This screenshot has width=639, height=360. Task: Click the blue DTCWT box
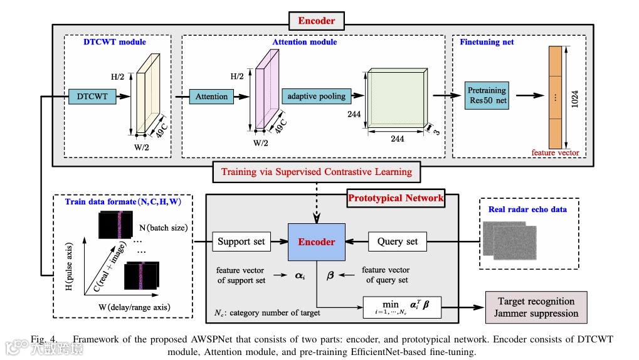92,97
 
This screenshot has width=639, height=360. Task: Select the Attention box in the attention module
211,97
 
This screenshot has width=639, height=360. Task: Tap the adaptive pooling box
316,96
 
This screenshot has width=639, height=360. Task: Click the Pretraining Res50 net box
487,95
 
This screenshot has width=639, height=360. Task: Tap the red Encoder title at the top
316,21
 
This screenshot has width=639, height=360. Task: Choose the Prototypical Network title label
396,198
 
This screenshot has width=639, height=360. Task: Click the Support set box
241,241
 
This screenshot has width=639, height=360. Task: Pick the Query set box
398,241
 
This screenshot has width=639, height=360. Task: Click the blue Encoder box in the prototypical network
316,241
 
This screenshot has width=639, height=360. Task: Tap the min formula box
401,305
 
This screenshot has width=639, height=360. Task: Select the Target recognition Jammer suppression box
536,307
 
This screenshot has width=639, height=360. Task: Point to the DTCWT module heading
115,42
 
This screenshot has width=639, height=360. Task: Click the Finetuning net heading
487,42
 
